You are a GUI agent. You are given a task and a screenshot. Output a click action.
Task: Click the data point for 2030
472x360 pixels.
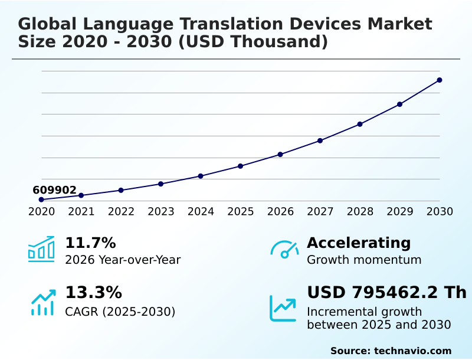440,80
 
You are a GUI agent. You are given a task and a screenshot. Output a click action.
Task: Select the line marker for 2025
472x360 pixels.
240,166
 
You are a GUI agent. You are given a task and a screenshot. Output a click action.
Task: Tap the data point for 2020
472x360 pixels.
41,199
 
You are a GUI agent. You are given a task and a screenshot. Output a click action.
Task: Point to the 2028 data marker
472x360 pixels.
360,124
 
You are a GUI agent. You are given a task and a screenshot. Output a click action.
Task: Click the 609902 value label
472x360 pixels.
54,190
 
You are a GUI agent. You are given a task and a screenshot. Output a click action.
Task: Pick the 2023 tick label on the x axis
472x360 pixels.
160,212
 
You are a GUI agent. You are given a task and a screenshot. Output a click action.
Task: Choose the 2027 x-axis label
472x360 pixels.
320,212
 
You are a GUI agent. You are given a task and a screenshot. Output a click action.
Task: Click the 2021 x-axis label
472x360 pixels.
81,212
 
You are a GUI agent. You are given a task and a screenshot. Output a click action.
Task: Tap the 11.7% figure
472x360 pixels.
90,243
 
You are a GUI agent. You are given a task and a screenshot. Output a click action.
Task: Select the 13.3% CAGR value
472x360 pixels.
93,293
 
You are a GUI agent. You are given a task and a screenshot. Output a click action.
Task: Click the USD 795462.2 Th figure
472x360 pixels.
386,293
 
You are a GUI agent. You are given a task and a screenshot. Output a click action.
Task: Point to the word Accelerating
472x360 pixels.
359,243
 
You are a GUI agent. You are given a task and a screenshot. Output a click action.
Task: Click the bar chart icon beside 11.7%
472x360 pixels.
41,249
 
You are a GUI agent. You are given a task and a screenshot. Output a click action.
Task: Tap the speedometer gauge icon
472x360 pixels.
284,250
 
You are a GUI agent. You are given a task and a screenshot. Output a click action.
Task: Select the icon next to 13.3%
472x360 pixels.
42,302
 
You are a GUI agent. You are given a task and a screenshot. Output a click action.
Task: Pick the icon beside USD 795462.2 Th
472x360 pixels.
283,308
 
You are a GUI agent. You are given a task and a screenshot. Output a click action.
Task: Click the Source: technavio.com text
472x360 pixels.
391,351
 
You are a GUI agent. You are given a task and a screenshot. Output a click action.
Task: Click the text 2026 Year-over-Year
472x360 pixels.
123,260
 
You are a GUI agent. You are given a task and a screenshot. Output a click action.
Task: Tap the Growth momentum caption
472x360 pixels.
364,260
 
